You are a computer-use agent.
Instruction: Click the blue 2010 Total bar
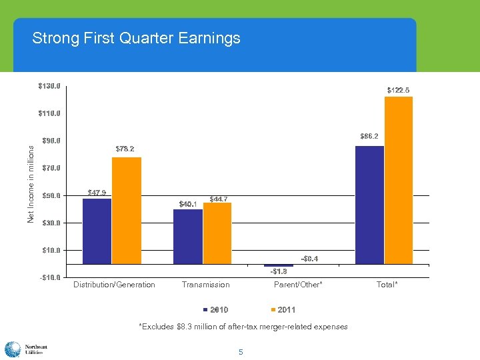(x=370, y=205)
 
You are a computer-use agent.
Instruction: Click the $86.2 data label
(x=369, y=136)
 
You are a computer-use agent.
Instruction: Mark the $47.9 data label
(x=97, y=193)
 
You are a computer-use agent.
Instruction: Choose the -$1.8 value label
(x=279, y=271)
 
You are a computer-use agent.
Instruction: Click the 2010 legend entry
(x=215, y=310)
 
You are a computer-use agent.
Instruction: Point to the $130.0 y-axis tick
(x=49, y=86)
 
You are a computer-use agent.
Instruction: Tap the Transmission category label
(x=205, y=285)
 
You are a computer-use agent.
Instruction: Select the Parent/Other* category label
(x=298, y=285)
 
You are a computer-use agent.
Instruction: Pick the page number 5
(x=241, y=351)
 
